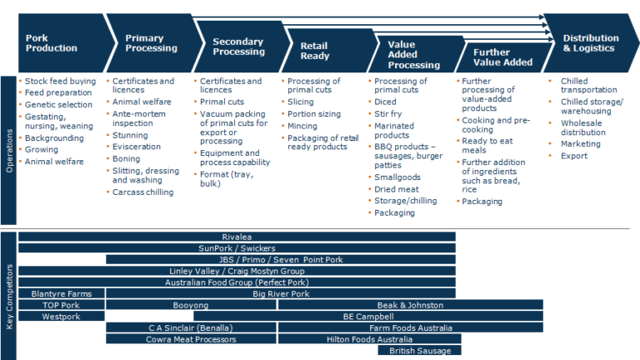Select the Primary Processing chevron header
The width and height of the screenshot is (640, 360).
pos(151,42)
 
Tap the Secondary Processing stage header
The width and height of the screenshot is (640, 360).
pos(238,47)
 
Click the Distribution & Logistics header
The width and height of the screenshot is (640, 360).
pos(590,42)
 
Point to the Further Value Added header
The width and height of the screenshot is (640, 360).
pos(503,57)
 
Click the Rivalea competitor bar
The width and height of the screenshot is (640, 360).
pos(237,237)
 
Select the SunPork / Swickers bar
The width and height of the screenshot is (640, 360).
pos(237,248)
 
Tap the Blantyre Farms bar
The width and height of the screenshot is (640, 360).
pos(61,293)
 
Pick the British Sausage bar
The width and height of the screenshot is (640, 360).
pos(420,351)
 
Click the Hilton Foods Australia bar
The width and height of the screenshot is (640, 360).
pos(369,339)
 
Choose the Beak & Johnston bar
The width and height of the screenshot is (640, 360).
pos(410,305)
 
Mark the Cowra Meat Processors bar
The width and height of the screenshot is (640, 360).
pos(191,339)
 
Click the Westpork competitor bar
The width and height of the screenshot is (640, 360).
pos(61,317)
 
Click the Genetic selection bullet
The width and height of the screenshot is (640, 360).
pos(59,104)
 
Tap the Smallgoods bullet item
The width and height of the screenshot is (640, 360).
pos(397,177)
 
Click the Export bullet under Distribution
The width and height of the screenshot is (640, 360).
pos(574,156)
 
